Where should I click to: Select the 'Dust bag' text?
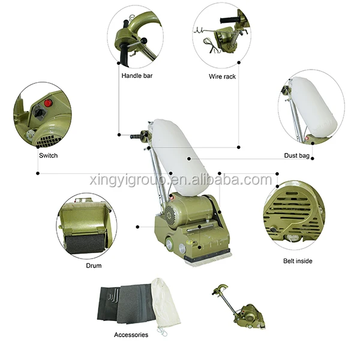tap(296, 155)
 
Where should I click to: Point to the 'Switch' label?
tap(49, 155)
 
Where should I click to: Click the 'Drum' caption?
tap(94, 265)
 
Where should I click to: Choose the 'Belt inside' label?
tap(298, 261)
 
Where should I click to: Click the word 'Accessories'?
tap(131, 334)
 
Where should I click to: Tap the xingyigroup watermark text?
tap(180, 180)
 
